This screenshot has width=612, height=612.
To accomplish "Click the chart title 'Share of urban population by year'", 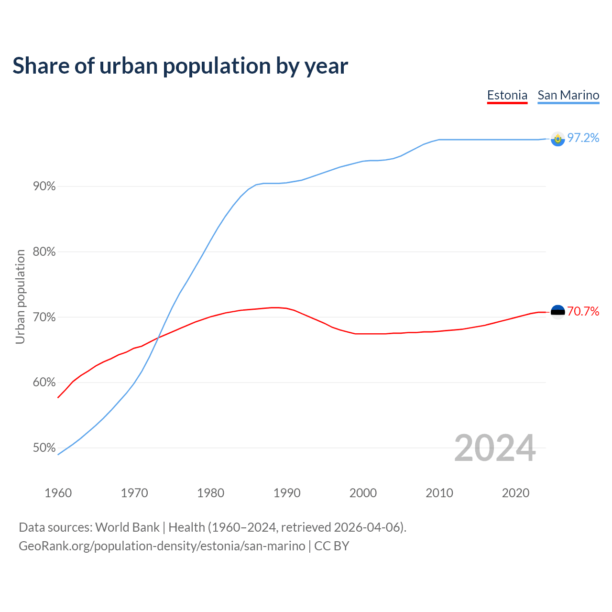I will click(x=180, y=66).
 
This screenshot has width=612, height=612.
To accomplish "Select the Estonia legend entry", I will click(x=507, y=95).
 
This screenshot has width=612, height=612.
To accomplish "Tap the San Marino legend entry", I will click(x=568, y=95).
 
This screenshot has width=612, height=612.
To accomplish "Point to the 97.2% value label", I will click(x=583, y=138).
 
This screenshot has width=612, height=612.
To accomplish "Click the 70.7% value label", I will click(x=583, y=312).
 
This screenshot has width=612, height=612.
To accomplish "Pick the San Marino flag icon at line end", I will click(x=557, y=139).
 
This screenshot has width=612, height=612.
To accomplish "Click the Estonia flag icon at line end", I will click(x=557, y=312).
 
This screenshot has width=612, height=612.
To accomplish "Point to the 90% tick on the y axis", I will click(x=44, y=186).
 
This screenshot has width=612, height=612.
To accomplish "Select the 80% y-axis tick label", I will click(x=44, y=252).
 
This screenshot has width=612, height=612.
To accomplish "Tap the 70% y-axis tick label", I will click(x=44, y=317).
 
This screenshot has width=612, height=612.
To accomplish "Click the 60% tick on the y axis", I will click(x=44, y=382).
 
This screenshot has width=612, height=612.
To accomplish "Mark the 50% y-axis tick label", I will click(x=44, y=448).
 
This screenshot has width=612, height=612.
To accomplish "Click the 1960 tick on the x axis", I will click(x=58, y=493).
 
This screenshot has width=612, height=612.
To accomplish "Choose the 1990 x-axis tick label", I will click(x=287, y=493).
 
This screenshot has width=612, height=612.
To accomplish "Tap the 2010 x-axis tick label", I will click(x=439, y=493).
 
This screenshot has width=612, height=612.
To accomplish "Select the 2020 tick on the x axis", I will click(x=515, y=493).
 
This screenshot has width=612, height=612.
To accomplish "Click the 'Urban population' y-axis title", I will click(x=20, y=297).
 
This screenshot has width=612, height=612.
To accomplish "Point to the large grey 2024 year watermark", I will click(x=495, y=448).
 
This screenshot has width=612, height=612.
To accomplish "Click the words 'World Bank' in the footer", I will click(x=127, y=527).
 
